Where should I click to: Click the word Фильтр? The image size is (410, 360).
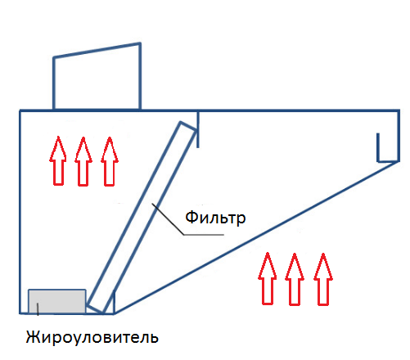pyautogui.click(x=215, y=218)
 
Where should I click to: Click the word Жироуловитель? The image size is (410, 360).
pyautogui.click(x=92, y=338)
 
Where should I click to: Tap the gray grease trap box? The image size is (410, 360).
pyautogui.click(x=57, y=302)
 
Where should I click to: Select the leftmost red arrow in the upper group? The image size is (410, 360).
pyautogui.click(x=58, y=161)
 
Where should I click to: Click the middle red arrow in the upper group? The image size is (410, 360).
pyautogui.click(x=83, y=161)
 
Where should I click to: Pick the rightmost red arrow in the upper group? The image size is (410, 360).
pyautogui.click(x=110, y=161)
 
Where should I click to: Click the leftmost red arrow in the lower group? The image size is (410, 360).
pyautogui.click(x=268, y=278)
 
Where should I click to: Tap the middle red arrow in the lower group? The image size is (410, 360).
pyautogui.click(x=295, y=279)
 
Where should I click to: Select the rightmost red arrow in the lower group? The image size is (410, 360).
pyautogui.click(x=323, y=279)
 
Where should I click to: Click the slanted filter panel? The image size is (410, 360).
pyautogui.click(x=142, y=218)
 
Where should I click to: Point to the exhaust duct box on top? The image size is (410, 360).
pyautogui.click(x=97, y=76)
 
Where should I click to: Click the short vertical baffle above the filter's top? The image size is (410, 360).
pyautogui.click(x=198, y=128)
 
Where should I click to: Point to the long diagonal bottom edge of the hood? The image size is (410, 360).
pyautogui.click(x=256, y=237)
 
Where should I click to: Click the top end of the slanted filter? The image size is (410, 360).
pyautogui.click(x=189, y=126)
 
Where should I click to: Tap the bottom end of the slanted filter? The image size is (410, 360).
pyautogui.click(x=95, y=308)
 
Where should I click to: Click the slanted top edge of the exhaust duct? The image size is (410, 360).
pyautogui.click(x=97, y=50)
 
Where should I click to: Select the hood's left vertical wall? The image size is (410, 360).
pyautogui.click(x=20, y=212)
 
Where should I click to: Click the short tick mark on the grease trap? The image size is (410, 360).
pyautogui.click(x=38, y=309)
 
